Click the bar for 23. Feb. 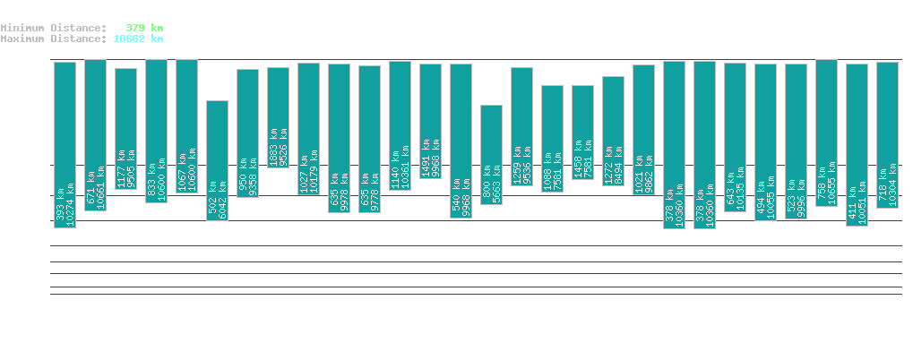[217, 160]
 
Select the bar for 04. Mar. [491, 155]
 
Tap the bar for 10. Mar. [674, 145]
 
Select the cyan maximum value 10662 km [138, 39]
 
